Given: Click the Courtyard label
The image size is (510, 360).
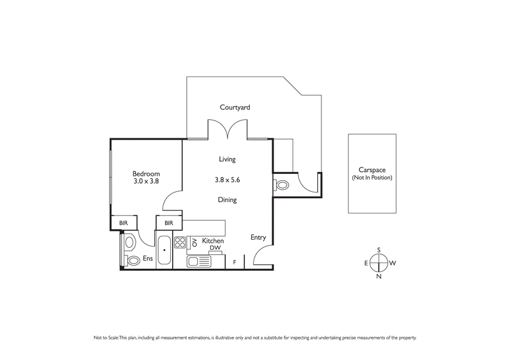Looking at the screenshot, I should coord(235,108).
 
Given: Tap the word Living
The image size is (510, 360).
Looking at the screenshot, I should coord(227,159).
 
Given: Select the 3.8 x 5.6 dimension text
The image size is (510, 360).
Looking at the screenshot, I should coord(227,180).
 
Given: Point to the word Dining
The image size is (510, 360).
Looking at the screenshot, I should coord(227,200).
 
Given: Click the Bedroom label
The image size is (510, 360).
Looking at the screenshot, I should coord(146,174).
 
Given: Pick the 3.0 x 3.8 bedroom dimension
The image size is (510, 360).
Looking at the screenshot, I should coord(146,182).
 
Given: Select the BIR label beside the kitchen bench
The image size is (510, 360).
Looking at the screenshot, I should coord(169,223).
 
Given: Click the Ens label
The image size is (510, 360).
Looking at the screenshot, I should coord(147,259).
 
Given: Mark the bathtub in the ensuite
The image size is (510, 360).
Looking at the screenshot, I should coord(164,251).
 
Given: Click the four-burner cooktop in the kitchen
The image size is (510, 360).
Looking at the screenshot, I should coord(180,242).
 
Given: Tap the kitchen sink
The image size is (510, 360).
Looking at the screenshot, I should coord(198,261).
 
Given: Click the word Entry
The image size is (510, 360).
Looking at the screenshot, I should coord(258,238).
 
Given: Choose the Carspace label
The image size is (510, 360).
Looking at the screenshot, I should coord(372,170).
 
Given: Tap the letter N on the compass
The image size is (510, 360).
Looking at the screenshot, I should coord(379,277).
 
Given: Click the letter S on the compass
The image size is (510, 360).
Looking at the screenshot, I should coord(379,250).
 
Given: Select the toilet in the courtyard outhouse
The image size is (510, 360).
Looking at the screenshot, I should coord(282,185).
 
